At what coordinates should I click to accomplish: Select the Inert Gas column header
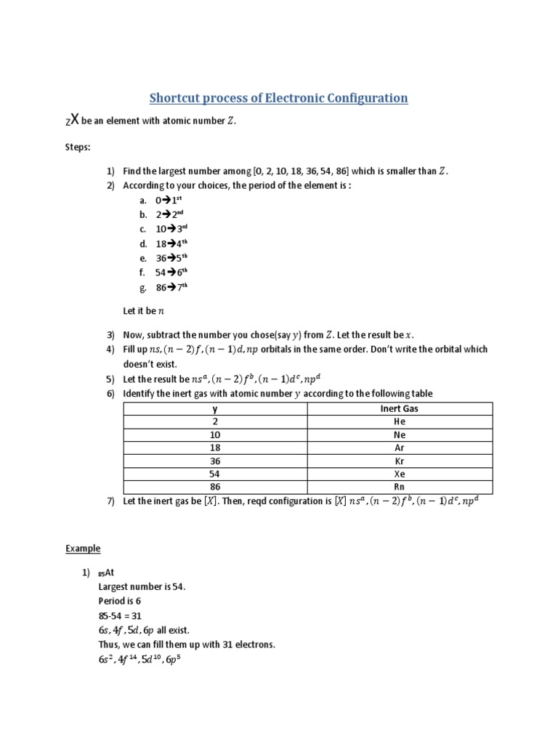(399, 408)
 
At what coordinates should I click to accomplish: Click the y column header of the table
(215, 408)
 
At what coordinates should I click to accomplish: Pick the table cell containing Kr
(399, 461)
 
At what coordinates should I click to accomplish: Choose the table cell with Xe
(399, 474)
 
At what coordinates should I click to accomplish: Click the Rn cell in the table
(399, 487)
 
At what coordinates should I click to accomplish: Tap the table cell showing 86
(215, 487)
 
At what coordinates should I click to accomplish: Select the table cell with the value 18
(215, 448)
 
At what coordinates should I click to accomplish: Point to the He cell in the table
(399, 421)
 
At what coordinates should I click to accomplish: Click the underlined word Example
(83, 549)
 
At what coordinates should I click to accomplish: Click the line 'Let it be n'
(144, 310)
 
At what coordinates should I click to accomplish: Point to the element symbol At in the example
(110, 573)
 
